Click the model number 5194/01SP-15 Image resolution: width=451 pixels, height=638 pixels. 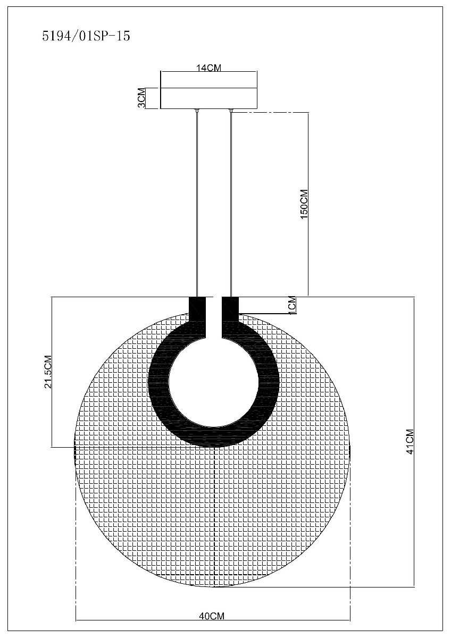[86, 36]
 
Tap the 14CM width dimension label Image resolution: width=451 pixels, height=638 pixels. [209, 68]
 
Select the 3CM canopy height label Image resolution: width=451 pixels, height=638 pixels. [141, 98]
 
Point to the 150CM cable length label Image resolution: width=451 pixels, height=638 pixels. [304, 204]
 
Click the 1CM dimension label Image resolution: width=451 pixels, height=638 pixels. [293, 305]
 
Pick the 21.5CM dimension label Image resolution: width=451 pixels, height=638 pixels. [48, 372]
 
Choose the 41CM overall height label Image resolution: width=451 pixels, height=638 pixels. [410, 442]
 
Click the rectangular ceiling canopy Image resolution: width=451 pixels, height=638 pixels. [209, 98]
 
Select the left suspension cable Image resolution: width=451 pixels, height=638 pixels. [197, 203]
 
